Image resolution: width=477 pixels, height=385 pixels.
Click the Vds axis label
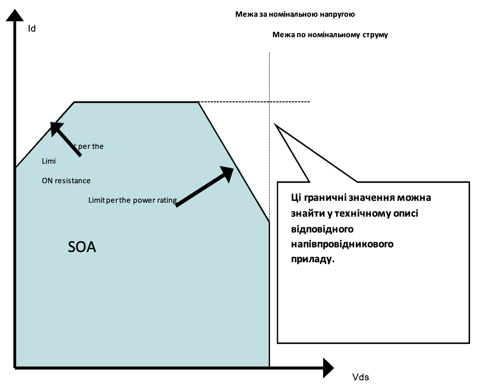[x=360, y=377]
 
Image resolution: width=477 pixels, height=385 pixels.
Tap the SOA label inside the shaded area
[x=82, y=247]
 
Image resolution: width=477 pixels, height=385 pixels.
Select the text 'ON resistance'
[x=66, y=180]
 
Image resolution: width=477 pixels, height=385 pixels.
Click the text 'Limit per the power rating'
[x=132, y=200]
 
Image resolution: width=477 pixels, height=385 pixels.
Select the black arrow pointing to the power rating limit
[x=205, y=186]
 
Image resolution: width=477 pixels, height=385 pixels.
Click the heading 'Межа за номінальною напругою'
[x=295, y=14]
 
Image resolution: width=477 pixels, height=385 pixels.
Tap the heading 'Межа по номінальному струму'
[x=330, y=35]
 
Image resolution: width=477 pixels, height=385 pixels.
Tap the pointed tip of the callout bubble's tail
[x=275, y=124]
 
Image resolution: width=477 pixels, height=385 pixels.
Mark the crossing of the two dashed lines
[x=270, y=101]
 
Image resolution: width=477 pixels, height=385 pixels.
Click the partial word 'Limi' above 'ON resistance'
[x=48, y=161]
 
